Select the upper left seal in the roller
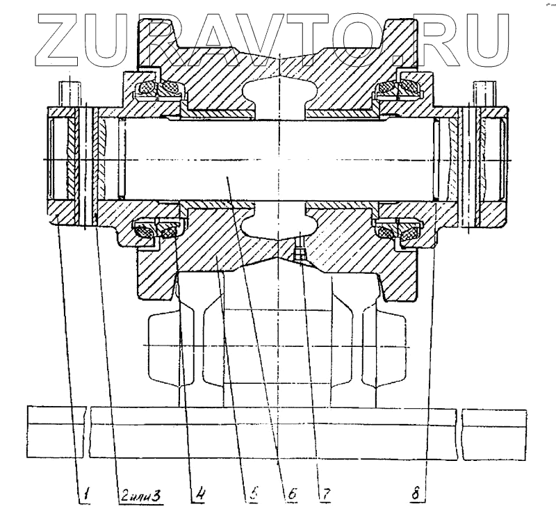pos(158,89)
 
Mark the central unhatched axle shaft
pos(278,160)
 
